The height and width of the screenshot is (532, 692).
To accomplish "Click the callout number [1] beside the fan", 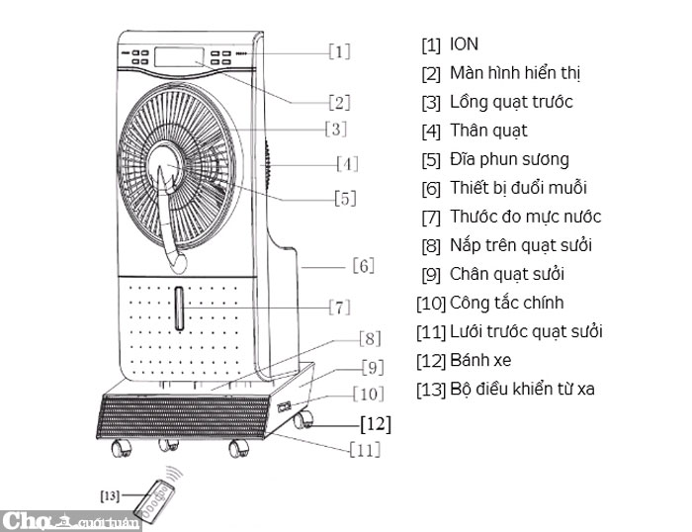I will point(339,50).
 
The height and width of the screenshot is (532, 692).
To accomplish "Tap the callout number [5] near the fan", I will point(344,199).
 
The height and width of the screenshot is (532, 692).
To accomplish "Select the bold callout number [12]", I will point(375,424).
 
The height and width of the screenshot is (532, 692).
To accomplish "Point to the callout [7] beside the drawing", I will point(338,306).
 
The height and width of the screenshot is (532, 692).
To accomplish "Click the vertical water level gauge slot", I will point(179,309).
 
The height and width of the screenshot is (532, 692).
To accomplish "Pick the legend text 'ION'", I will point(464,44).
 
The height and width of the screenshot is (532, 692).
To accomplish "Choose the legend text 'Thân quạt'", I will point(488,131).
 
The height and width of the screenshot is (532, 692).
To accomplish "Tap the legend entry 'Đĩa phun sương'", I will point(509,159).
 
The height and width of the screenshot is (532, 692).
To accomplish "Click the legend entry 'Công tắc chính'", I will point(506,303).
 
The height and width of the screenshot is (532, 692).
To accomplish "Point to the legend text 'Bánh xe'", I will point(480,360).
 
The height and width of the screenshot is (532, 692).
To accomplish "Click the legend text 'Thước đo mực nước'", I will point(525,217).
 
